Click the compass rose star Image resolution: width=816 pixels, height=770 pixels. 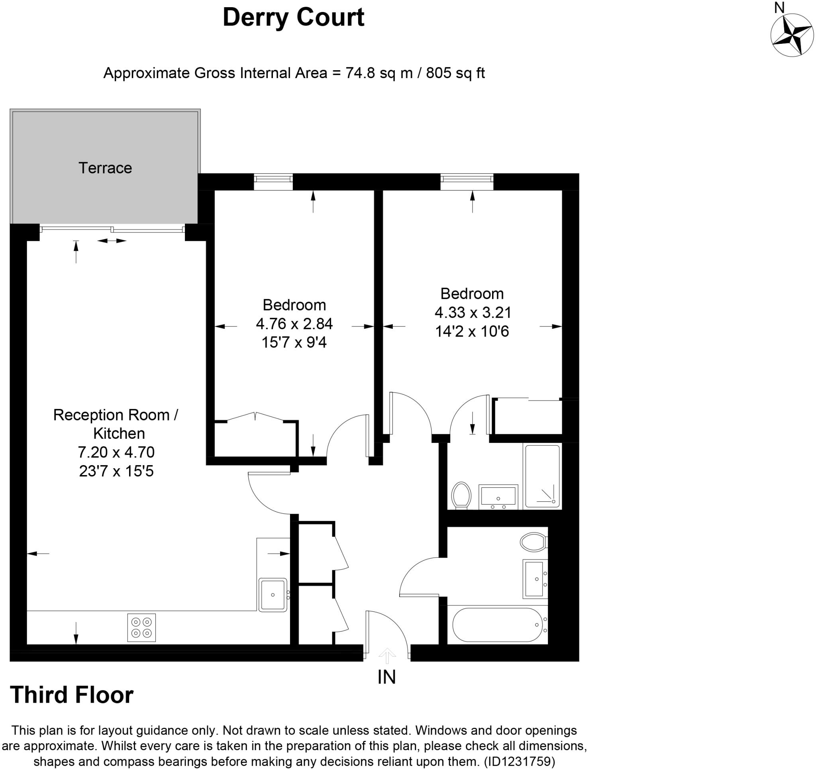coord(792,35)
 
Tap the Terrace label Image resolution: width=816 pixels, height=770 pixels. coord(105,168)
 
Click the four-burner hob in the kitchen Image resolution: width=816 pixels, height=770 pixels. coord(141,627)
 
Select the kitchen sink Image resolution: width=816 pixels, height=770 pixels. coord(273,595)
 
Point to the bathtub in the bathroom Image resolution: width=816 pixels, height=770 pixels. coord(498,625)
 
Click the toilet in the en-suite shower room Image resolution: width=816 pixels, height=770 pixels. coord(461,496)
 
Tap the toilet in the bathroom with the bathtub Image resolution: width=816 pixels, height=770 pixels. coord(533,542)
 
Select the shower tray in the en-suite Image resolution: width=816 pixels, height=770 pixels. coord(542,476)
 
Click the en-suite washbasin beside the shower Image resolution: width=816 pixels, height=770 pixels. coord(498,497)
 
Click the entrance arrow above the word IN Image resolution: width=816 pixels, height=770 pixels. coord(386,656)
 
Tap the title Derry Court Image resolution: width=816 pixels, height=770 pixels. coord(294,17)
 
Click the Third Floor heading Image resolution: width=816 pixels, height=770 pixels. coord(72,694)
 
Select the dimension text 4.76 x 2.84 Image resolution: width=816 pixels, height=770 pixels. coord(294,324)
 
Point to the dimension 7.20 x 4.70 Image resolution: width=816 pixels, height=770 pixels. coord(116,452)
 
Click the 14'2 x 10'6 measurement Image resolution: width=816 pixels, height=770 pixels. coord(472,331)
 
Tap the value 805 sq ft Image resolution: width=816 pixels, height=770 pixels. coord(456,73)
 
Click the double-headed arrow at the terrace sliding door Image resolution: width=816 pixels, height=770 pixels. coord(112,241)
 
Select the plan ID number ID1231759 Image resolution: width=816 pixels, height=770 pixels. coord(520,762)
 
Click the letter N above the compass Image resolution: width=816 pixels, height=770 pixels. coord(779,8)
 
